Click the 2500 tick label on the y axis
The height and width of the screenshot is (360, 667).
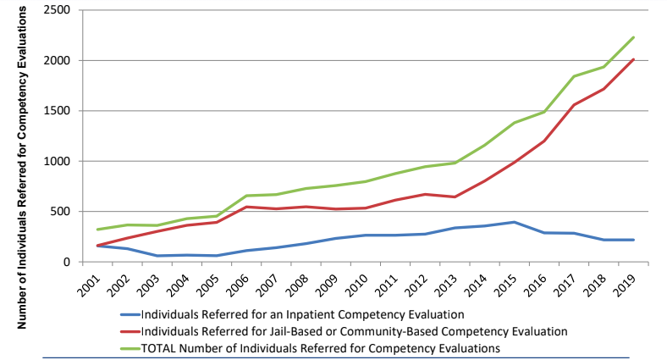58,10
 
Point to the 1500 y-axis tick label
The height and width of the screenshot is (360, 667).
58,111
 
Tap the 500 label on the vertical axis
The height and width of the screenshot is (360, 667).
61,212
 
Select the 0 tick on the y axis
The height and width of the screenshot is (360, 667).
67,262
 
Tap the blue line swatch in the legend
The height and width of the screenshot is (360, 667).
127,315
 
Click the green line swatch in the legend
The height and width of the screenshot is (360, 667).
127,347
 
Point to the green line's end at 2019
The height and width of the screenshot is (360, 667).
634,37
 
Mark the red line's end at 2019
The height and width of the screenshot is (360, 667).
634,59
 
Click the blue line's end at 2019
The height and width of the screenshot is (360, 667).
634,240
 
